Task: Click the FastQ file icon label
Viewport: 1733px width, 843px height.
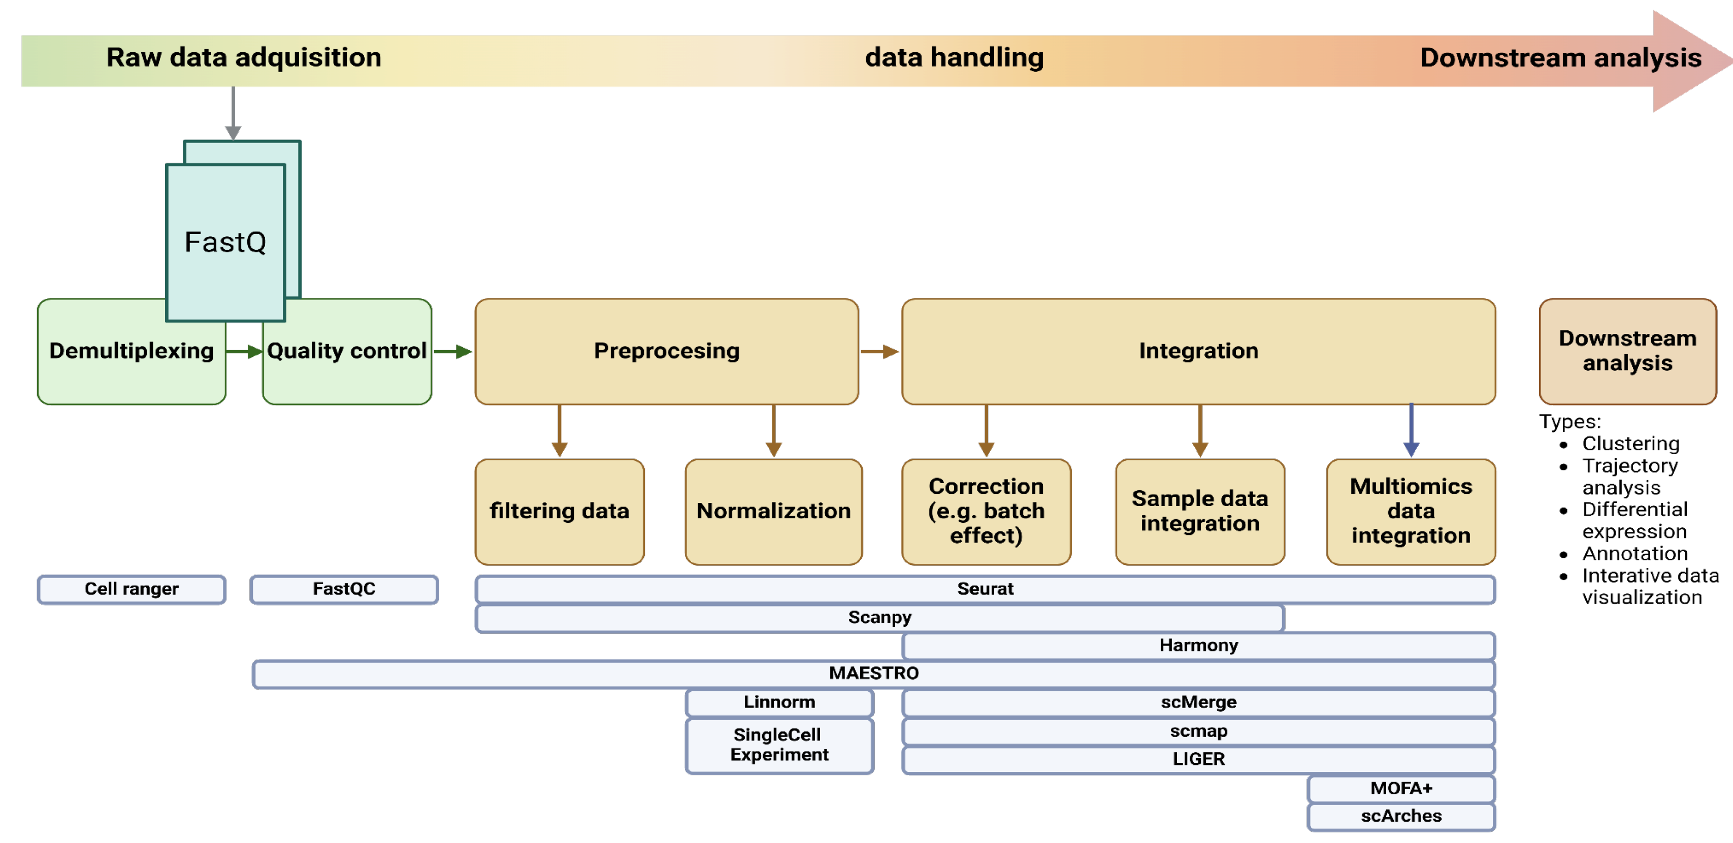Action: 225,242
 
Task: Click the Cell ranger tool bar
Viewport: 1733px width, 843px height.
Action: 131,589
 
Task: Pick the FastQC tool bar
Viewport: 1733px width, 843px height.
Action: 344,589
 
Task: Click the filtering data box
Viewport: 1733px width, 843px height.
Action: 559,512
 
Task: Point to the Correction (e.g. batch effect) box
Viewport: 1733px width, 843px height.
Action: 986,512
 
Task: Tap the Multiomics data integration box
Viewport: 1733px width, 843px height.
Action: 1411,512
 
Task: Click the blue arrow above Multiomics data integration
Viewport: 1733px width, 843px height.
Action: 1411,430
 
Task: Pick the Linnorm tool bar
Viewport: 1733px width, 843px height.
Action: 779,702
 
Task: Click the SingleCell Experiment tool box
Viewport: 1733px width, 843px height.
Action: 779,745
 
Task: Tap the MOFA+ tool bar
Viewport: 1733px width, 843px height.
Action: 1401,788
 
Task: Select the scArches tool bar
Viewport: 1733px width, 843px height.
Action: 1401,816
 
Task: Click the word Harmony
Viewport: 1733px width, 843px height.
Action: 1198,646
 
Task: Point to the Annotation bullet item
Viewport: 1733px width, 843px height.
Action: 1635,554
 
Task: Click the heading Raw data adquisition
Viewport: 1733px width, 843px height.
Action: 244,58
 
